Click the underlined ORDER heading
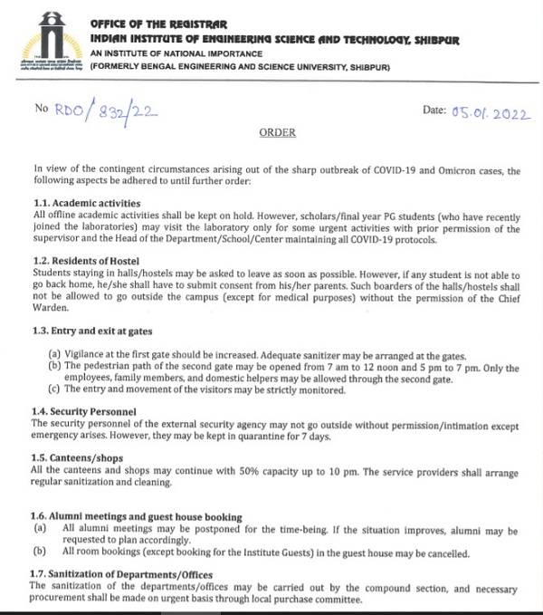click(x=277, y=132)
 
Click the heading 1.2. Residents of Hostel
click(x=90, y=261)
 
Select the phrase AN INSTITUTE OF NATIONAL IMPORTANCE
click(x=174, y=53)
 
